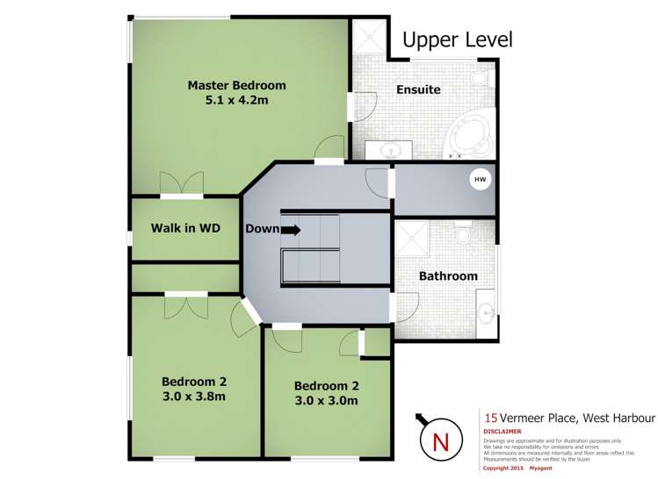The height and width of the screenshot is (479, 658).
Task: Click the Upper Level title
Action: pos(457,39)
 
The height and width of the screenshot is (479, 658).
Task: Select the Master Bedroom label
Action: pos(236,85)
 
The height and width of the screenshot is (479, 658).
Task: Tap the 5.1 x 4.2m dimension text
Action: pos(236,101)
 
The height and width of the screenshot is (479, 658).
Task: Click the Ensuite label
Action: pos(418,89)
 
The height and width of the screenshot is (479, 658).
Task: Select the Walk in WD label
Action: pos(184,228)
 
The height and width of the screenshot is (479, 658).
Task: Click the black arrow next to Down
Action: pos(292,229)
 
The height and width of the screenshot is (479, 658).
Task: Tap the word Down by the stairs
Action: pos(262,229)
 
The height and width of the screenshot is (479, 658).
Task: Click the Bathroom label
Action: pos(448,275)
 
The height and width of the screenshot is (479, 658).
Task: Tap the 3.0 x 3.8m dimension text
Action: pos(193,396)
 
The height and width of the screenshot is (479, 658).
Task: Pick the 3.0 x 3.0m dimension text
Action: pos(326,401)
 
